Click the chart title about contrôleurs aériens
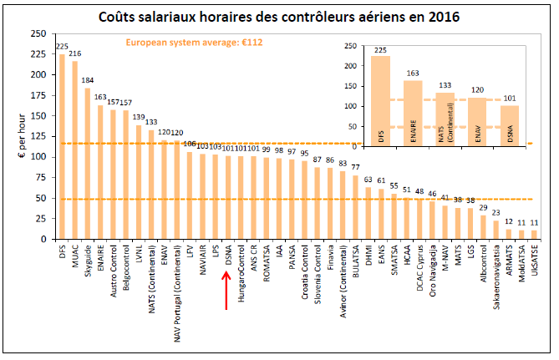[x=278, y=16]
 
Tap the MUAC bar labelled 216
[x=74, y=150]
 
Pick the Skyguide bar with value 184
[x=87, y=163]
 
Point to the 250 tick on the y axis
[x=38, y=34]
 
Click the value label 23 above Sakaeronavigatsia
[x=496, y=214]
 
